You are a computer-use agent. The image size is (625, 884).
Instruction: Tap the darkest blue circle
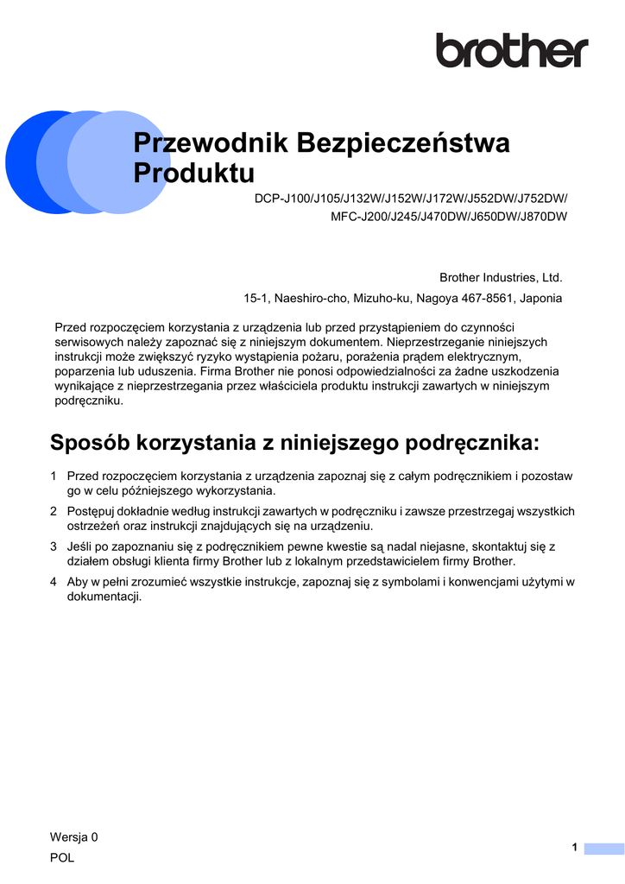tap(22, 161)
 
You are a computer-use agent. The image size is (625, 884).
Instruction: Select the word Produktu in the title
tap(194, 174)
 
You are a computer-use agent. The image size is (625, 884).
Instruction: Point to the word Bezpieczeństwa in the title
tap(403, 143)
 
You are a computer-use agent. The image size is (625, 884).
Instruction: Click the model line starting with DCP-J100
tap(411, 198)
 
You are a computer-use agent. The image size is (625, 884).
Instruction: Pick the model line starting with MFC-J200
tap(449, 217)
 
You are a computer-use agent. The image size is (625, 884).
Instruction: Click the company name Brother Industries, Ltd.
tap(501, 278)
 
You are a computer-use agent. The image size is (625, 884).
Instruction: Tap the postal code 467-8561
tap(486, 299)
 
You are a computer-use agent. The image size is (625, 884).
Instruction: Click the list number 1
tap(54, 477)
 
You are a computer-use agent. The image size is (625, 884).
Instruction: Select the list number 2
tap(54, 512)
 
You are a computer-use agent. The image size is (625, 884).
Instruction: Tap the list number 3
tap(54, 546)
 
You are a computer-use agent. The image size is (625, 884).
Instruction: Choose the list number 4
tap(54, 582)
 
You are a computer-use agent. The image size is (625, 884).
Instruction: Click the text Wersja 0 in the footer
tap(74, 837)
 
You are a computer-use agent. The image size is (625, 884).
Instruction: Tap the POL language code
tap(62, 858)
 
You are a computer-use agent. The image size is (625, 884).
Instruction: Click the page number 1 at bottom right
tap(574, 849)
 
